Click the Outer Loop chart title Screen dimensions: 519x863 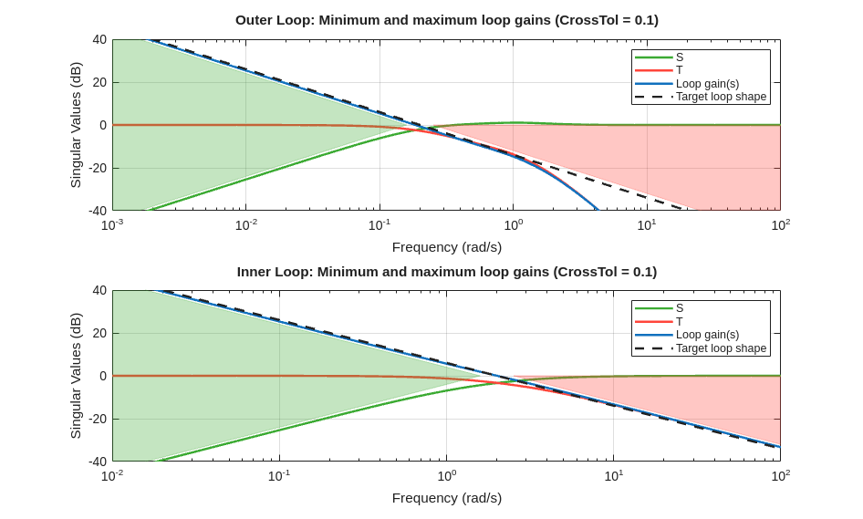(446, 20)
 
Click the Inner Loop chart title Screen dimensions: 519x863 (446, 272)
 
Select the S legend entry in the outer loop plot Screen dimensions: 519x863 (680, 57)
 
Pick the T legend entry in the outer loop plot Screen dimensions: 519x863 (680, 70)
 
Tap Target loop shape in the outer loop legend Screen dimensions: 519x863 (721, 97)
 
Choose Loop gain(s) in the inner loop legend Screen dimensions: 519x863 (707, 335)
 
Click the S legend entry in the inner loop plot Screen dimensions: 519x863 (680, 308)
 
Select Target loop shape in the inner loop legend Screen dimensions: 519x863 (721, 348)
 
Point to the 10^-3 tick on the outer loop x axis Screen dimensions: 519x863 (112, 224)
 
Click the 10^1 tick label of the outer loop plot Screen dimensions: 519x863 (647, 224)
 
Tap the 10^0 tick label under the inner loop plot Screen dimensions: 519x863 (447, 475)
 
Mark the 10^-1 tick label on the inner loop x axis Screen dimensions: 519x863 (279, 475)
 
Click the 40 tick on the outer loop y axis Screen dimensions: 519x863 (99, 40)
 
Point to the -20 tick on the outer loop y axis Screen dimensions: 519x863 (97, 168)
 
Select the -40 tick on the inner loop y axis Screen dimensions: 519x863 (97, 462)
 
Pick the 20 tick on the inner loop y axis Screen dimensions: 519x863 (99, 334)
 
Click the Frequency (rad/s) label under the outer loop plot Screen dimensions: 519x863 (446, 247)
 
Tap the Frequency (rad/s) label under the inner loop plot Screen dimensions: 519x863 (446, 498)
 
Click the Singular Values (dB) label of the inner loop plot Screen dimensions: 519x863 (76, 376)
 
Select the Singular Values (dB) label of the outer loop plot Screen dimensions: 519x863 (76, 125)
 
